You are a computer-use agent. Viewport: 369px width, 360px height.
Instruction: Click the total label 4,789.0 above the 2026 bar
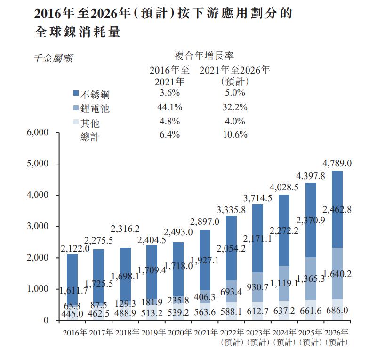click(337, 163)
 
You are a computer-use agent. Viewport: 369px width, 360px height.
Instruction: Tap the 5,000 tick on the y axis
click(36, 164)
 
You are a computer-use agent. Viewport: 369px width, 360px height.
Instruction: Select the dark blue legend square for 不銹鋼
click(76, 94)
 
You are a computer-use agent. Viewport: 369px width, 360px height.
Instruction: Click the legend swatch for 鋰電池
click(76, 108)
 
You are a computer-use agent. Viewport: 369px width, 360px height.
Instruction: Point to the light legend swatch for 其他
click(76, 123)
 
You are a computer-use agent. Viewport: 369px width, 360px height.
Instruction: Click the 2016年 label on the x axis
click(75, 333)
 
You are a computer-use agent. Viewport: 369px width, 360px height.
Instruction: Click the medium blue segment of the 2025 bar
click(311, 278)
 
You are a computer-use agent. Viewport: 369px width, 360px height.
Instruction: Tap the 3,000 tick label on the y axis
click(36, 227)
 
